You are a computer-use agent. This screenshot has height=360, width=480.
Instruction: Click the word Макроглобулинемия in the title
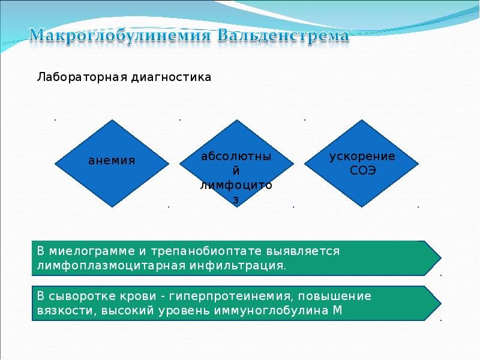(x=120, y=36)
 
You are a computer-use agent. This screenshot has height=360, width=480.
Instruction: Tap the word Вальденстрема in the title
(x=283, y=35)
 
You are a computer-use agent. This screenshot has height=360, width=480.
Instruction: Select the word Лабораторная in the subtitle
(x=82, y=77)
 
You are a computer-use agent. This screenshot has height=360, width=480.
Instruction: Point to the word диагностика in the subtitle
(x=171, y=77)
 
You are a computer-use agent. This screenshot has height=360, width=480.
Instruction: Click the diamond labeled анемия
(x=112, y=163)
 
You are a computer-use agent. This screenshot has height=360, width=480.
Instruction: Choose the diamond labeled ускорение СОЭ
(x=362, y=163)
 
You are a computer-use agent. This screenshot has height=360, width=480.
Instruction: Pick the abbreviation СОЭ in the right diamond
(x=362, y=170)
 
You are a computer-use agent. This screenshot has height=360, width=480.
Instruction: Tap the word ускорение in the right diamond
(x=362, y=157)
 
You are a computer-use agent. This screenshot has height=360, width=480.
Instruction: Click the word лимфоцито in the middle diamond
(x=236, y=185)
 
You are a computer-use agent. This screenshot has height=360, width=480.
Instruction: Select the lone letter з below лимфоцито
(x=236, y=200)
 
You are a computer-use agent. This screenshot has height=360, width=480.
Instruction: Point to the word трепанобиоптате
(x=206, y=251)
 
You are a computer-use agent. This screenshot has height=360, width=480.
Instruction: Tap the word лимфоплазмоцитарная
(x=111, y=265)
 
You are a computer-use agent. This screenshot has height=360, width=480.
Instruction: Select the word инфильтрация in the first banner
(x=238, y=265)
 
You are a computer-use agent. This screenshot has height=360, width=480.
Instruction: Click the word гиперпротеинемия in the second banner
(x=232, y=296)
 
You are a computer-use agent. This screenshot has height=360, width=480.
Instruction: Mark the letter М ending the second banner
(x=337, y=310)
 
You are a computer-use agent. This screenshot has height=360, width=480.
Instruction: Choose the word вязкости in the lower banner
(x=66, y=311)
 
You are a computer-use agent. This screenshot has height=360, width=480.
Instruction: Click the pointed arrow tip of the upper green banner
(x=441, y=258)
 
